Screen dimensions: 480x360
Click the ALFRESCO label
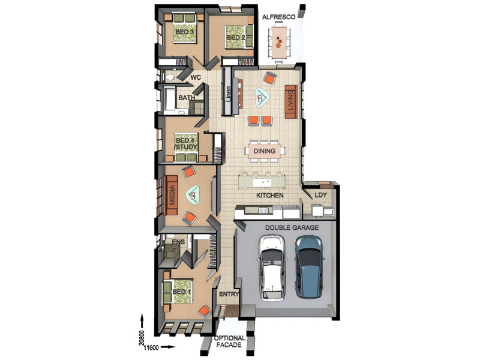(x=278, y=17)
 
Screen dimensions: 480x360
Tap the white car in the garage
(x=272, y=268)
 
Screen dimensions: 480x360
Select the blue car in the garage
(x=308, y=267)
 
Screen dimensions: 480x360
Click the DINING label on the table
(x=264, y=151)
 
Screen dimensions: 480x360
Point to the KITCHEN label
(x=269, y=196)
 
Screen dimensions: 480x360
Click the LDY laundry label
(x=321, y=194)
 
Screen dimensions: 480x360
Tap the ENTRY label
(x=229, y=294)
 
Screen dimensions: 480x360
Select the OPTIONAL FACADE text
(x=230, y=341)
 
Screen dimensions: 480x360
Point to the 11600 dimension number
(x=151, y=348)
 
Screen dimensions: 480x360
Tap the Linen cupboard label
(x=229, y=95)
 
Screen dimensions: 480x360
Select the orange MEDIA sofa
(x=172, y=196)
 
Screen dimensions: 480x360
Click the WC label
(x=196, y=77)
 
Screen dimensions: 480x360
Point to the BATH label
(x=187, y=98)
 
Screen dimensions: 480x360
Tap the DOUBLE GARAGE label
(x=292, y=228)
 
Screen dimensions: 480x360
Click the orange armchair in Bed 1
(x=205, y=312)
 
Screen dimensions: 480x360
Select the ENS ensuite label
(x=178, y=242)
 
